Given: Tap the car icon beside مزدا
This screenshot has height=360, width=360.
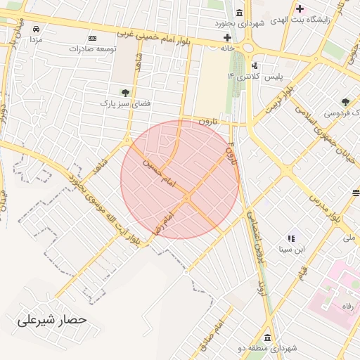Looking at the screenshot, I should click(x=36, y=30).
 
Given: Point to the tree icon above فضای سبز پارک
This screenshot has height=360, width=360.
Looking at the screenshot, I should click(x=125, y=92).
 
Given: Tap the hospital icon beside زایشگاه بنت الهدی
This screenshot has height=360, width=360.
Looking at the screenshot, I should click(x=300, y=8).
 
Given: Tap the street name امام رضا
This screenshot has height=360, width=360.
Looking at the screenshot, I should click(x=162, y=220).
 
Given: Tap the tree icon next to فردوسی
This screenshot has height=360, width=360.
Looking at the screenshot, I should click(x=345, y=103).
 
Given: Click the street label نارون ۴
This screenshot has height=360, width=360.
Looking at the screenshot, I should click(x=231, y=151).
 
